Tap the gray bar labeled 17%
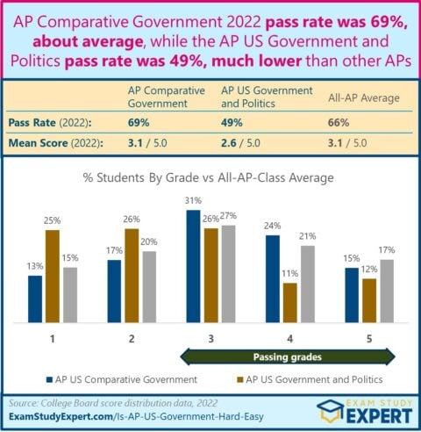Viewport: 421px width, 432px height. [x=386, y=291]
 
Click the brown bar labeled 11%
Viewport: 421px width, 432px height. [x=289, y=302]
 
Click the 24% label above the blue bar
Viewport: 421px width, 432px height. [x=273, y=226]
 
